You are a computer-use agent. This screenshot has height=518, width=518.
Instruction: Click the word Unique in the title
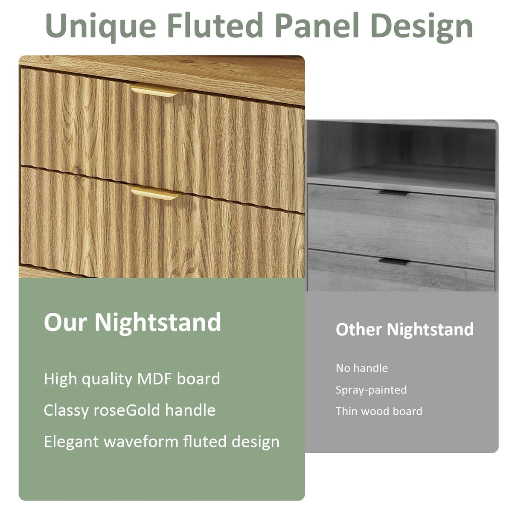point(101,26)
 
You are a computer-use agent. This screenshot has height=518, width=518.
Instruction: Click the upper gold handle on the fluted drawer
point(156,91)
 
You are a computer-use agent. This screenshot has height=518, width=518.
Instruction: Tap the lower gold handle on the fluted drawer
point(155,193)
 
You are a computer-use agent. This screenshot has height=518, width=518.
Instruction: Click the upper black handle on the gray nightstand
point(393,193)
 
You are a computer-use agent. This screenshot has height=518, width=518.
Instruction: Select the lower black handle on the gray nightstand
point(394,261)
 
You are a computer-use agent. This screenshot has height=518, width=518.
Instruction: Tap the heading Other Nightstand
point(405,329)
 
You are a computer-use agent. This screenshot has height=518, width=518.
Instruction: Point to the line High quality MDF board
point(132,379)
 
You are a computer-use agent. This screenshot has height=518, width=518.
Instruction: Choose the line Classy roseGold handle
point(129,410)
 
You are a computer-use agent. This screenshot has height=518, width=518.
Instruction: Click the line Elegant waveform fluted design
point(161,442)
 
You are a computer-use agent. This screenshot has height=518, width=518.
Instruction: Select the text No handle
point(361,368)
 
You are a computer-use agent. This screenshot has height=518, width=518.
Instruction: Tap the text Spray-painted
point(371,390)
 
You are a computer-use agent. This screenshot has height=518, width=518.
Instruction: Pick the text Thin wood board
point(378,411)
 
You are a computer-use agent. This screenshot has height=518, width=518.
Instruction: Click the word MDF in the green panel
point(155,379)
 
